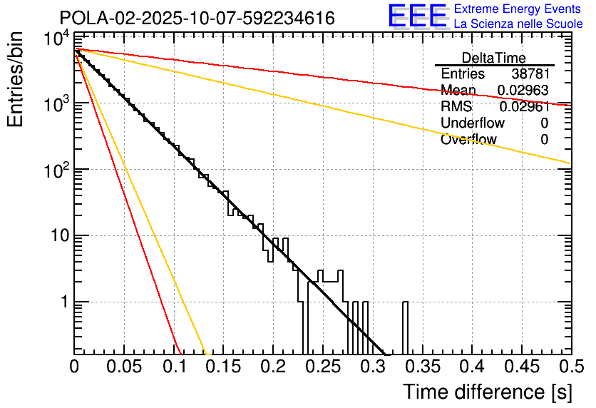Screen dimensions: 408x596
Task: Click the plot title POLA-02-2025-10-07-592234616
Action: pyautogui.click(x=197, y=19)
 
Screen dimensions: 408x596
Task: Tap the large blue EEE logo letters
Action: pyautogui.click(x=417, y=16)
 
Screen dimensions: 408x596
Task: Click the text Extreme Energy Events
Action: pyautogui.click(x=518, y=9)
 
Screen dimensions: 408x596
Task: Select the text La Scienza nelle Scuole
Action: pyautogui.click(x=518, y=24)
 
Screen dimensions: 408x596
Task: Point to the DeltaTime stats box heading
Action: pyautogui.click(x=494, y=58)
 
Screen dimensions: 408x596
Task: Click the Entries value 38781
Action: pyautogui.click(x=530, y=74)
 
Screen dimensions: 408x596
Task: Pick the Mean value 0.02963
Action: pyautogui.click(x=523, y=91)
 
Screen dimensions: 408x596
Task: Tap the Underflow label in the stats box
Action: pyautogui.click(x=473, y=123)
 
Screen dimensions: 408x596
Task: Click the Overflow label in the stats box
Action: pyautogui.click(x=468, y=140)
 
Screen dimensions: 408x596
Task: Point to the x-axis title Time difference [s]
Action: pyautogui.click(x=487, y=392)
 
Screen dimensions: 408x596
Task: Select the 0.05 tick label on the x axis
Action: pyautogui.click(x=124, y=367)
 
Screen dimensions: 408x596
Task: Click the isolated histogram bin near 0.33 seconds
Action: pyautogui.click(x=406, y=328)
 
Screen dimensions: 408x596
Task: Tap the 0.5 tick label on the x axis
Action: pyautogui.click(x=571, y=367)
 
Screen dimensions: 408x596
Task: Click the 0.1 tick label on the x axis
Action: pyautogui.click(x=173, y=367)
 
